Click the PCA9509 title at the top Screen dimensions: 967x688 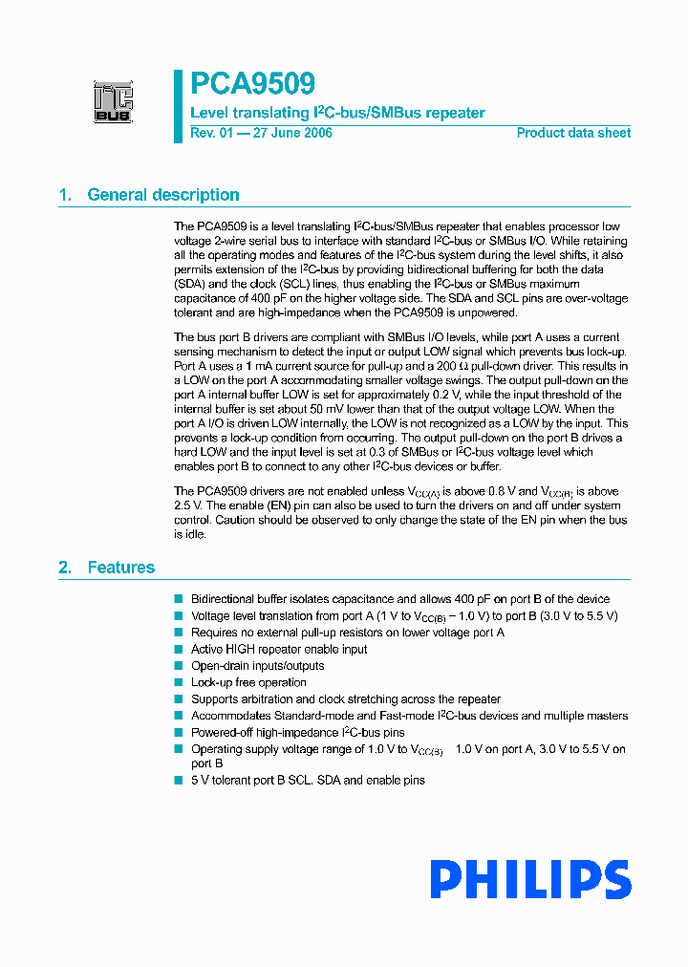pos(252,84)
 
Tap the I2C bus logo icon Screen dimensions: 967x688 pos(113,102)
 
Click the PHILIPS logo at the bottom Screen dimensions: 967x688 pos(529,880)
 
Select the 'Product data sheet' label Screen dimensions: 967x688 pos(573,133)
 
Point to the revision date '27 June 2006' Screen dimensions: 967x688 pos(291,133)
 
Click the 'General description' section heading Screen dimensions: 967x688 pos(163,195)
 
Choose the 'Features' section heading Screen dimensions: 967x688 pos(121,568)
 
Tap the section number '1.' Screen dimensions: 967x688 pos(65,195)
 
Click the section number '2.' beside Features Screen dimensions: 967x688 pos(65,568)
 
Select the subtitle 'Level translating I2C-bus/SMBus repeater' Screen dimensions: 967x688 pos(337,113)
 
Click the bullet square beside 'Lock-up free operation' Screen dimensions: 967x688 pos(178,682)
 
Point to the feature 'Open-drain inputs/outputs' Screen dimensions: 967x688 pos(257,666)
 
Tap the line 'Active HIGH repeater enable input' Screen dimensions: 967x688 pos(279,649)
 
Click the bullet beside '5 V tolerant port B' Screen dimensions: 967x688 pos(178,780)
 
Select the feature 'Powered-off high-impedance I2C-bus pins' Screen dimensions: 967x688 pos(298,732)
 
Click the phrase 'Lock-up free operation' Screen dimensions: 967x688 pos(248,682)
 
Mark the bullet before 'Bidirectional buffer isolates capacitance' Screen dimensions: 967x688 pos(178,599)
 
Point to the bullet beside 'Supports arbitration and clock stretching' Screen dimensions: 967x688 pos(178,699)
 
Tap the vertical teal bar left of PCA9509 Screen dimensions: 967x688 pos(178,105)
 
